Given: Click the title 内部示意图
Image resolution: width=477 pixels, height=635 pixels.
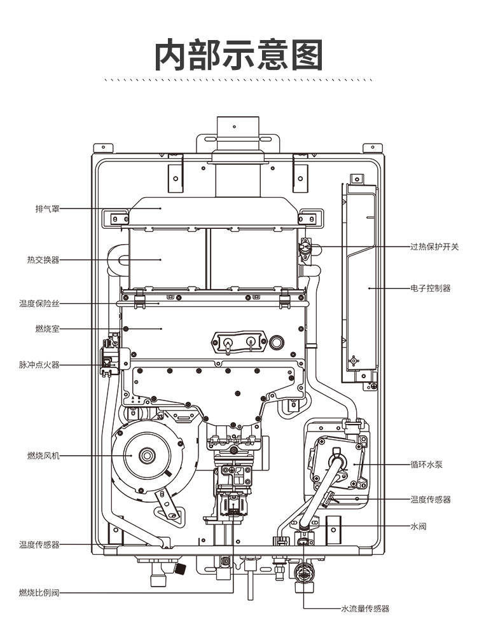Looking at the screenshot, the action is point(238,55).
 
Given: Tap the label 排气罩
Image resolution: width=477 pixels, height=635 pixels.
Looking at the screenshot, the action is point(47,209).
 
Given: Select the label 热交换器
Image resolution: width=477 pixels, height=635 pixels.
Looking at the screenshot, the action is point(43,260).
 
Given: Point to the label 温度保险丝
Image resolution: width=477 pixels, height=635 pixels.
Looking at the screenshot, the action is point(39,303).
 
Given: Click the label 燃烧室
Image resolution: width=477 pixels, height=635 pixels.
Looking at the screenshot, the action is point(47,329).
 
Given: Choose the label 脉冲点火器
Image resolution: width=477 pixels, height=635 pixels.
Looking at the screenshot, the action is point(39,365).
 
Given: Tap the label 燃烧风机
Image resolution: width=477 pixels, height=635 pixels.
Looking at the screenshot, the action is point(43,456).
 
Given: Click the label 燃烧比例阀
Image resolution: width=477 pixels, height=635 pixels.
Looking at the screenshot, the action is point(39,593).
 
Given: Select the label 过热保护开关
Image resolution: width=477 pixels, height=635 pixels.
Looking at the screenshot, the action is point(434,247).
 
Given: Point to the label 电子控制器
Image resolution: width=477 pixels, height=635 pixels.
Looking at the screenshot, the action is point(431,289).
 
